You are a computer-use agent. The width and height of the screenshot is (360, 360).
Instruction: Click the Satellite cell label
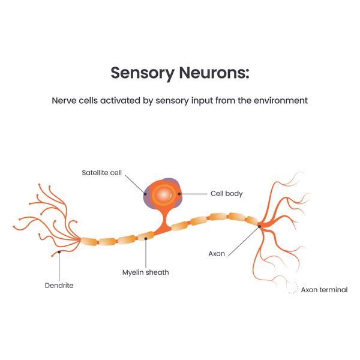pyautogui.click(x=102, y=173)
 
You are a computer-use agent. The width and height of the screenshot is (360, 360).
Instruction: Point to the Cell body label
pyautogui.click(x=226, y=194)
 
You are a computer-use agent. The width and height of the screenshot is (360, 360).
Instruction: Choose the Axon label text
pyautogui.click(x=217, y=253)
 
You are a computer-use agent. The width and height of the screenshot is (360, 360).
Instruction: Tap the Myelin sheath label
pyautogui.click(x=146, y=272)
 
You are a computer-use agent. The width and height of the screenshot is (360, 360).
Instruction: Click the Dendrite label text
pyautogui.click(x=59, y=285)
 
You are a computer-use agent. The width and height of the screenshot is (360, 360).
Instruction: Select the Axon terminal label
pyautogui.click(x=324, y=289)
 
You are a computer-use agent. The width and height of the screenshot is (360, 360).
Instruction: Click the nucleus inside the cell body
pyautogui.click(x=163, y=194)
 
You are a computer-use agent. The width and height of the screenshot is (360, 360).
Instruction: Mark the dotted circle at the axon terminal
pyautogui.click(x=292, y=289)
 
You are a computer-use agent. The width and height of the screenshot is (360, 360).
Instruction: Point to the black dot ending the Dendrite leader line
pyautogui.click(x=59, y=253)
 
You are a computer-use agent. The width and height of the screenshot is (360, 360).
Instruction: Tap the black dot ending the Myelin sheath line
pyautogui.click(x=146, y=239)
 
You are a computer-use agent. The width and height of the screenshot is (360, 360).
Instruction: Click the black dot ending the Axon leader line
pyautogui.click(x=259, y=226)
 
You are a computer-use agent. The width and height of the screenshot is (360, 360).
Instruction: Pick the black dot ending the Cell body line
pyautogui.click(x=179, y=194)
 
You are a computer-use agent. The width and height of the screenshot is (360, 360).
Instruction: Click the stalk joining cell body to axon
pyautogui.click(x=162, y=222)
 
